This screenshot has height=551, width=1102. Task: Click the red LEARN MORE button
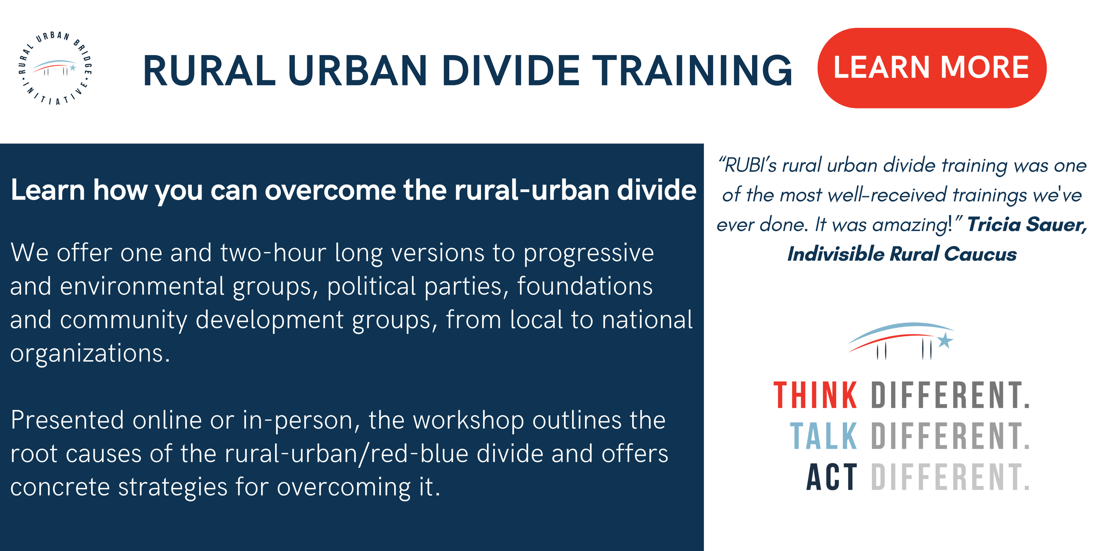pos(931,68)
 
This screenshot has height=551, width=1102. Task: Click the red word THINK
pos(815,395)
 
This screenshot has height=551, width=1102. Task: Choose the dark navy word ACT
pos(831,477)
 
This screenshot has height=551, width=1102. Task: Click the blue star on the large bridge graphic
pos(945,340)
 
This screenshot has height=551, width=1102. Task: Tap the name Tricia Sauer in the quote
pos(1027,224)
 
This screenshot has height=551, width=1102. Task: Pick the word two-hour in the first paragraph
pos(273,253)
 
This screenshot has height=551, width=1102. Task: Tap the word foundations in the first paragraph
pos(585,286)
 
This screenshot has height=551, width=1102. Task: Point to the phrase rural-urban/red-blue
pos(346,454)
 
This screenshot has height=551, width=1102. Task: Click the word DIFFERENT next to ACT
pos(950,477)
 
